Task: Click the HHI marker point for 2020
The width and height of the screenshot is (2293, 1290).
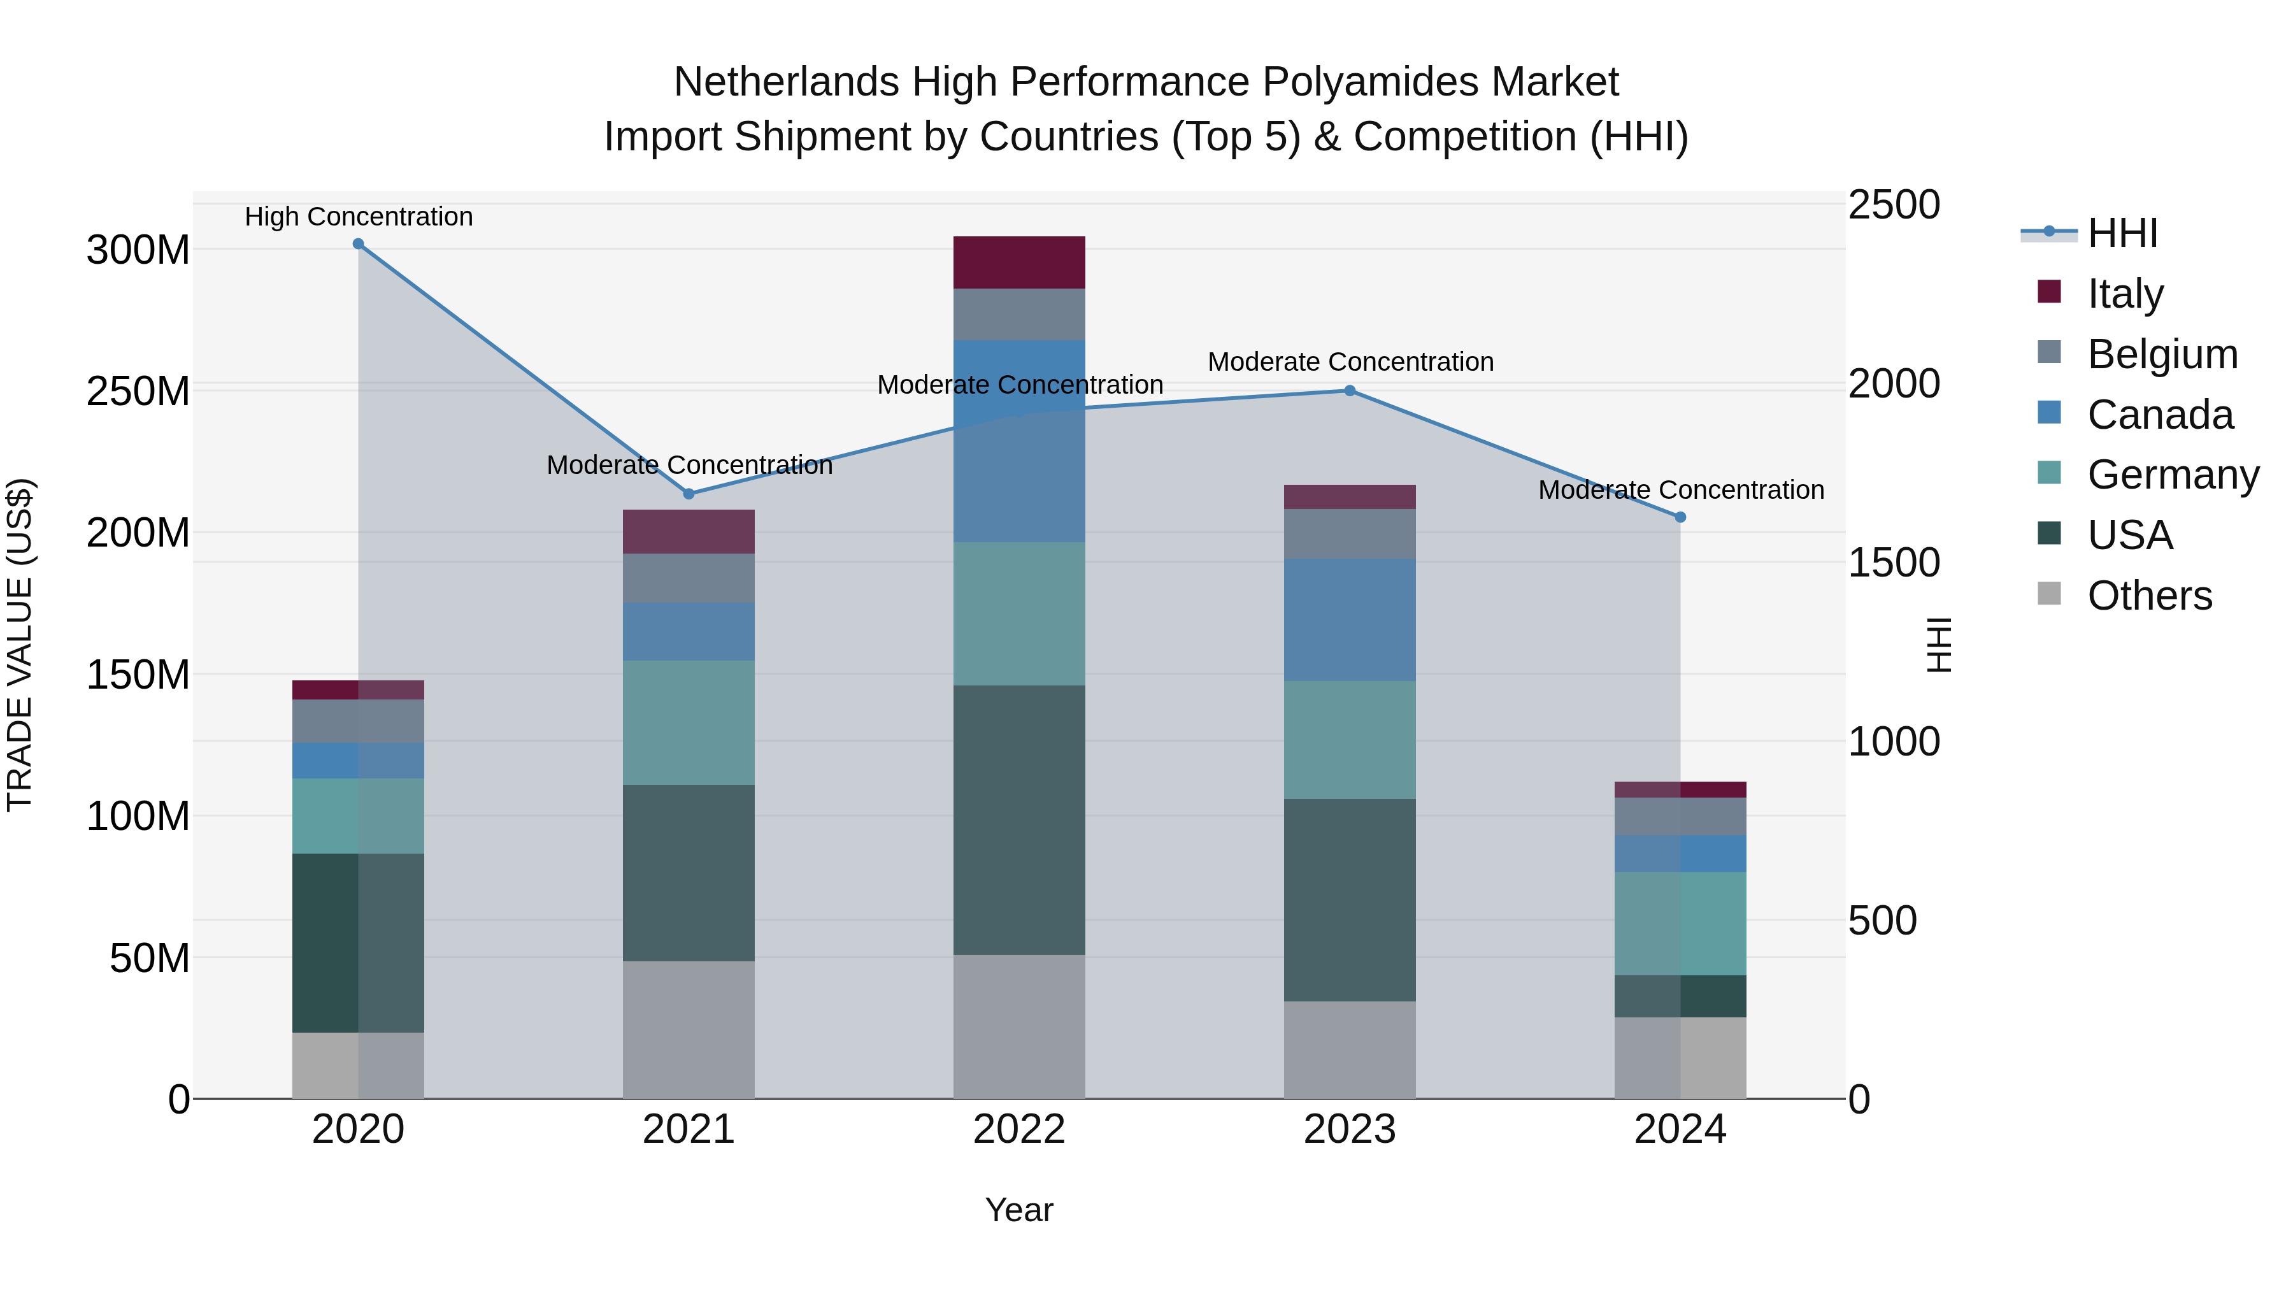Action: [x=358, y=244]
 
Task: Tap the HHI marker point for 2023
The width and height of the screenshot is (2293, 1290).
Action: [x=1350, y=391]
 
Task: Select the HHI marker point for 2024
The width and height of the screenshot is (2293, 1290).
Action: [x=1680, y=517]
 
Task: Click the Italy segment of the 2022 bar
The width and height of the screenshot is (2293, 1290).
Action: [x=1019, y=262]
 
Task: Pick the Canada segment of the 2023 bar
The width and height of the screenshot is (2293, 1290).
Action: [x=1350, y=620]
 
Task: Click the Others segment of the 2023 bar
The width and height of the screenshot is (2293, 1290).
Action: [x=1350, y=1050]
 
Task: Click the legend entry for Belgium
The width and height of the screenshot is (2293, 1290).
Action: [x=2161, y=354]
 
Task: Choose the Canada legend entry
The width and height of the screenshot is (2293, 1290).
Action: [x=2159, y=415]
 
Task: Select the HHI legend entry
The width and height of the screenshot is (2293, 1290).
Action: [x=2122, y=233]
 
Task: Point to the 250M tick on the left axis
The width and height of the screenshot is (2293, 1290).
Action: [x=138, y=392]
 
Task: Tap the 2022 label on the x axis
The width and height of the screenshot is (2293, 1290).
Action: [x=1019, y=1129]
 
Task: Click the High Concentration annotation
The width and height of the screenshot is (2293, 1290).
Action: [x=359, y=217]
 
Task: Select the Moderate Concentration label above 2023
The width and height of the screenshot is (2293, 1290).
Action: [x=1350, y=362]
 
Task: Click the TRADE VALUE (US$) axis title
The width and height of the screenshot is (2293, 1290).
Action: [x=20, y=645]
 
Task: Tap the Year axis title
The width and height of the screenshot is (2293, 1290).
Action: [x=1019, y=1210]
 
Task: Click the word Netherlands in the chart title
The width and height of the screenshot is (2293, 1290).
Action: [x=786, y=83]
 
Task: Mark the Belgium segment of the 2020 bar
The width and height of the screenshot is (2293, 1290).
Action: [x=358, y=721]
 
